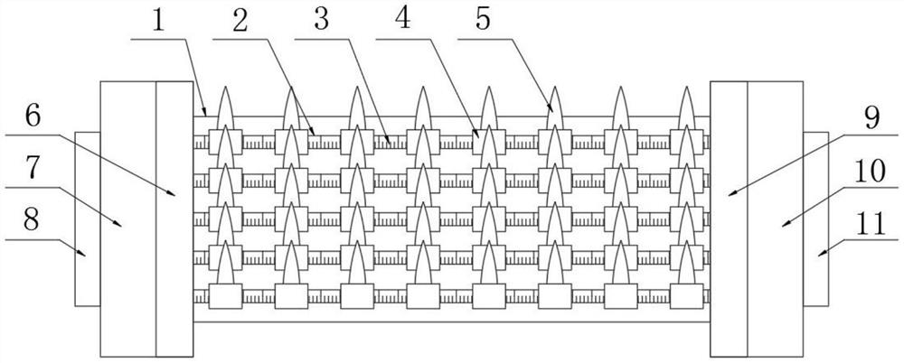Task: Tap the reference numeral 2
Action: click(240, 20)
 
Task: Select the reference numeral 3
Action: click(321, 20)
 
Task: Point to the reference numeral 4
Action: click(403, 20)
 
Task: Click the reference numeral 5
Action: click(484, 20)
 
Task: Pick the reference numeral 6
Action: click(33, 116)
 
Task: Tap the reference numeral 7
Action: click(33, 168)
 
